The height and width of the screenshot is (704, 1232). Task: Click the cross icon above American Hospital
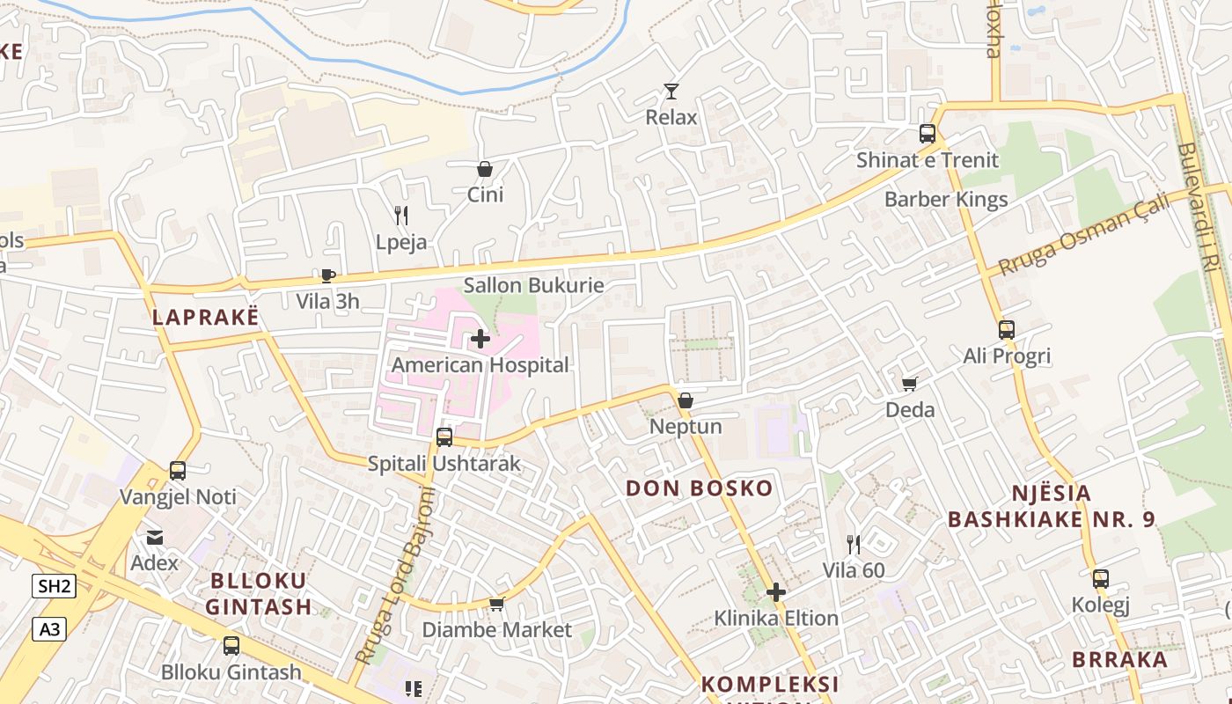pos(480,339)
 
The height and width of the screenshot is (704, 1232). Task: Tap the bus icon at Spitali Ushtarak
pos(444,437)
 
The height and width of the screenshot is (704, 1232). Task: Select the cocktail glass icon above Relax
pos(671,92)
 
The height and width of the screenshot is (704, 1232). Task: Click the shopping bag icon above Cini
pos(485,169)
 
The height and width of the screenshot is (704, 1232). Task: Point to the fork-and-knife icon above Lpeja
pos(401,216)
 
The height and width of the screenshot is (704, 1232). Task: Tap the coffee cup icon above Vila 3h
pos(328,275)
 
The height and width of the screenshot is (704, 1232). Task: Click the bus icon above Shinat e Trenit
pos(928,134)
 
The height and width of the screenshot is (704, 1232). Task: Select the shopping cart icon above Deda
pos(910,384)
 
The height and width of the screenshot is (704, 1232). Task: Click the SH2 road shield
pos(54,586)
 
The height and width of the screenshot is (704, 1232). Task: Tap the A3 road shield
pos(49,629)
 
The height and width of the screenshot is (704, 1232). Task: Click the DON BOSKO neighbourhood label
pos(699,488)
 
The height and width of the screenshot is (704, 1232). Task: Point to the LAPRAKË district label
pos(206,318)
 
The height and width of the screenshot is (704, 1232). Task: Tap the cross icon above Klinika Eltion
pos(776,592)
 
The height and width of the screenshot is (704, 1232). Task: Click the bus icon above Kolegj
pos(1101,579)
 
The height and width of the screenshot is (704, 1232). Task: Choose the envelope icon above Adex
pos(155,537)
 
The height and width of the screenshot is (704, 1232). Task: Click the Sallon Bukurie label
pos(533,285)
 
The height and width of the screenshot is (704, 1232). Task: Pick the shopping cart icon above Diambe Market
pos(496,605)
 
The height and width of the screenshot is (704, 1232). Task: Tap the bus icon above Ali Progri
pos(1007,330)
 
